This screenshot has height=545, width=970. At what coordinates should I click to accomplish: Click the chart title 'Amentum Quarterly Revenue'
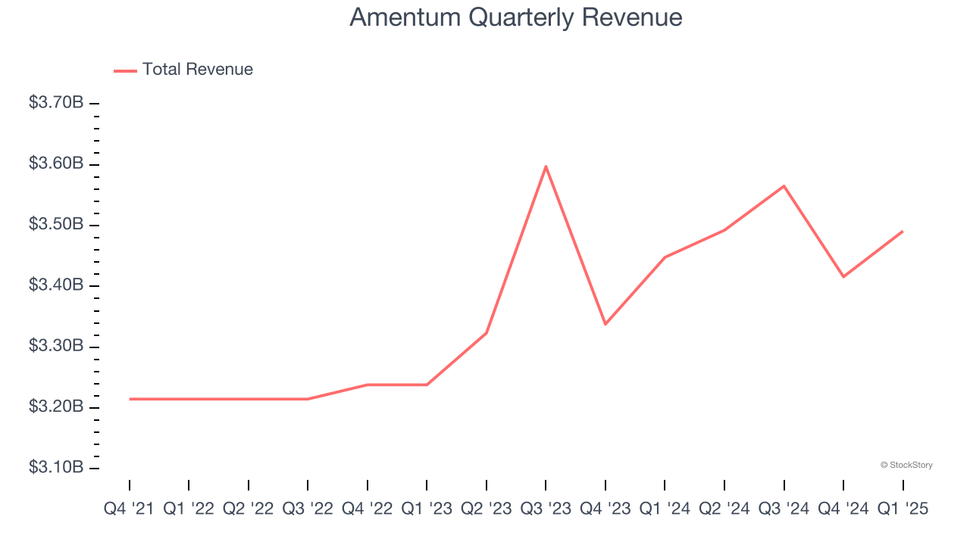pos(515,17)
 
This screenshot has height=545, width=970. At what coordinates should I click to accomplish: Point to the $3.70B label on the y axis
pos(56,103)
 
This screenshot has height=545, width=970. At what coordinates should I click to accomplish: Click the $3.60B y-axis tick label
pos(56,164)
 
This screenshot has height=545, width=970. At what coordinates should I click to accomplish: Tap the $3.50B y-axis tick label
pos(56,225)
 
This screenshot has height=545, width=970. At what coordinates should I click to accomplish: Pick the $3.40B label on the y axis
pos(56,285)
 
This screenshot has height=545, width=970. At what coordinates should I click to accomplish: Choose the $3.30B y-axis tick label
pos(56,347)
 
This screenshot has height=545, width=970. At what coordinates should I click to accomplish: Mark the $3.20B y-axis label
pos(56,407)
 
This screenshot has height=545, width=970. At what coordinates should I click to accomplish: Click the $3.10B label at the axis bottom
pos(56,468)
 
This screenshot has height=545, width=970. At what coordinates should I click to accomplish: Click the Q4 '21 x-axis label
pos(129,509)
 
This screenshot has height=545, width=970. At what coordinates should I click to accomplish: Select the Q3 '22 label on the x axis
pos(308,509)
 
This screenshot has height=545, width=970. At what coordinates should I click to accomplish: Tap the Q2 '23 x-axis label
pos(487,509)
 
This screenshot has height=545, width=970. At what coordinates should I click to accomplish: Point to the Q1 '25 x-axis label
pos(903,509)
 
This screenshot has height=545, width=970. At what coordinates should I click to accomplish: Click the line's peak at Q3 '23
pos(546,167)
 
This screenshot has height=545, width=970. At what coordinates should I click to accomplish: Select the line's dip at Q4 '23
pos(605,324)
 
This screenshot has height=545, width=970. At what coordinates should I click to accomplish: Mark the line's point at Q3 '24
pos(784,185)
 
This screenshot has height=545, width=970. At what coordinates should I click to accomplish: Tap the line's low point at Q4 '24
pos(843,276)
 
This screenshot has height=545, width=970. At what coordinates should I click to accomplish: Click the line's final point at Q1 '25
pos(902,232)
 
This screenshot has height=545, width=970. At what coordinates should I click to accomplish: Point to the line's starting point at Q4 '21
pos(130,399)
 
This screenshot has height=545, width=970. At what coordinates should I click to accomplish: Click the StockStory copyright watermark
pos(906,465)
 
